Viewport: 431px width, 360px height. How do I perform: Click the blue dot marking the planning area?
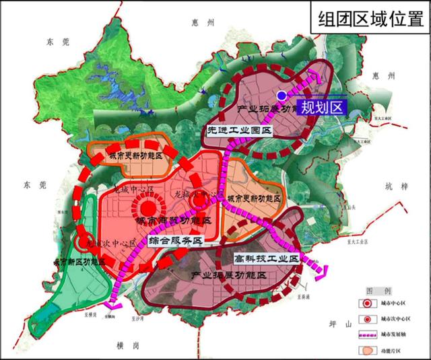281,96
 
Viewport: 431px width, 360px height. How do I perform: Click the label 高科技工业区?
266,258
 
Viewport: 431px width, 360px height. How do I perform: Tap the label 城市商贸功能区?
174,221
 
